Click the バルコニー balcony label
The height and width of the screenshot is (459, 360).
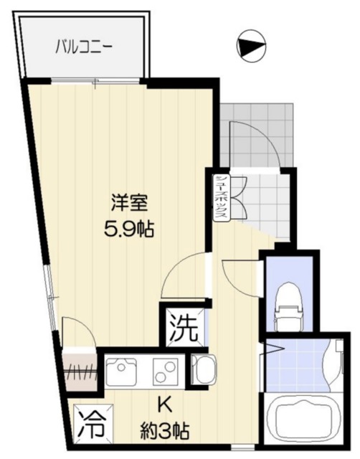click(x=85, y=48)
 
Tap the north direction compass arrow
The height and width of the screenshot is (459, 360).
click(x=250, y=47)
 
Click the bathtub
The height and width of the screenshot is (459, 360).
click(x=300, y=424)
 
